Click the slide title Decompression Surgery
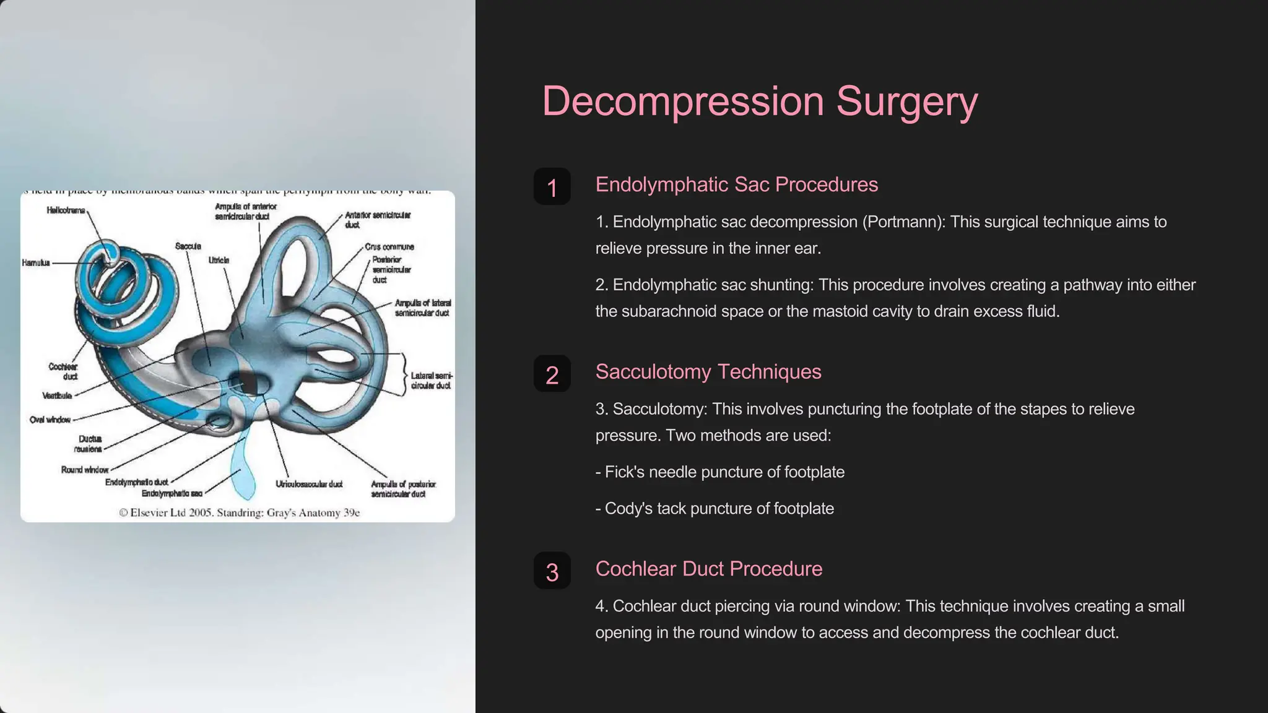[x=760, y=101]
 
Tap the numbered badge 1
[x=552, y=187]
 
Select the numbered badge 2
[x=552, y=374]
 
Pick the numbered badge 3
[x=552, y=571]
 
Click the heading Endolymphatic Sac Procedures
[x=736, y=184]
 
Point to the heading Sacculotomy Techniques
[x=708, y=371]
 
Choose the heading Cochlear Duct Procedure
[x=708, y=569]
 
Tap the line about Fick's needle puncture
[x=719, y=472]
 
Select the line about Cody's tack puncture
[x=714, y=509]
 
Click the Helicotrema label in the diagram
[x=66, y=210]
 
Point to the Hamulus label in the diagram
[x=36, y=263]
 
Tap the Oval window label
[x=50, y=420]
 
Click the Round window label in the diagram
[x=85, y=470]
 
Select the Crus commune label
[x=389, y=247]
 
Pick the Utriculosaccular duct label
[x=309, y=484]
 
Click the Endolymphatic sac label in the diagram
[x=172, y=494]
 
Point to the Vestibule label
[x=57, y=395]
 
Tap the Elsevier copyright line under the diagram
[x=239, y=513]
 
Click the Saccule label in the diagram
[x=188, y=246]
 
